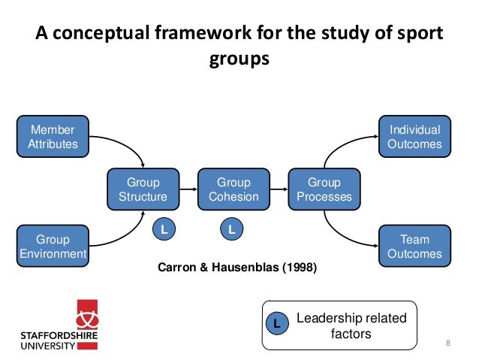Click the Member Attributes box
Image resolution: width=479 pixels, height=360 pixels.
coord(53,137)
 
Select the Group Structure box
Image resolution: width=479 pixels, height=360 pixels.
coord(143,189)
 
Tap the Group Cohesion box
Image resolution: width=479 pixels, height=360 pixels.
coord(233,189)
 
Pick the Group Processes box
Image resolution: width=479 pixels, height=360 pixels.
coord(324,189)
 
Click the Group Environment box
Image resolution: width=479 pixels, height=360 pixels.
coord(53,247)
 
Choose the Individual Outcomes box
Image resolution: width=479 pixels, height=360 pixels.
coord(414,137)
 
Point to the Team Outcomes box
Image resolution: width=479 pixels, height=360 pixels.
coord(414,247)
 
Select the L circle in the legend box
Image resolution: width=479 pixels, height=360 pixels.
coord(276,325)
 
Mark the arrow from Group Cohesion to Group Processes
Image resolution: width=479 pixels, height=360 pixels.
coord(279,189)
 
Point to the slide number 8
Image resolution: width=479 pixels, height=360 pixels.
coord(448,343)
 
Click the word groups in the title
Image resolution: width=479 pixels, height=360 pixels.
coord(239,59)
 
